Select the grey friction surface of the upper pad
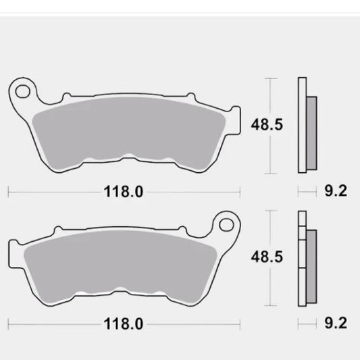pos(128,132)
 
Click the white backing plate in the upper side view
pos(302,125)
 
